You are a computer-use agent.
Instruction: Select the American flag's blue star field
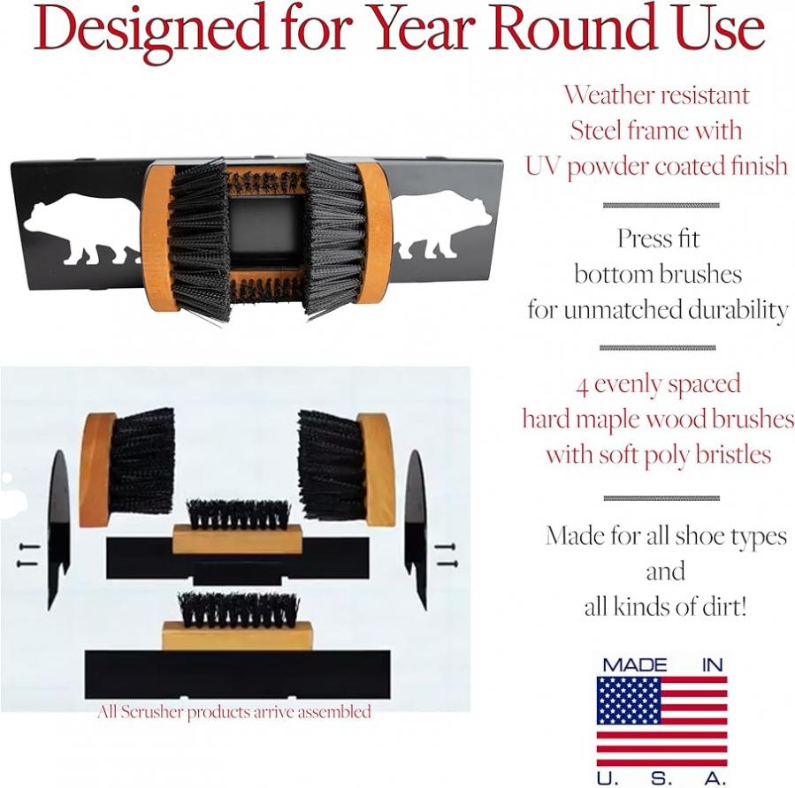629,701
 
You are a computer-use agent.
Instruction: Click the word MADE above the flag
634,665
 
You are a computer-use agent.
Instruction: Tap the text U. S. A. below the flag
661,777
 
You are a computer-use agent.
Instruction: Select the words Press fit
658,238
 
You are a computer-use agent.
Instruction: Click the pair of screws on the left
28,555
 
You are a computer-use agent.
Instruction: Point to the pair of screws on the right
447,555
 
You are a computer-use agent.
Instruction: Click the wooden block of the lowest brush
237,636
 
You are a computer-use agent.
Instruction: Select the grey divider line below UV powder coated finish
661,205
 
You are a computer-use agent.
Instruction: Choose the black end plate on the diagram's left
58,529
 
